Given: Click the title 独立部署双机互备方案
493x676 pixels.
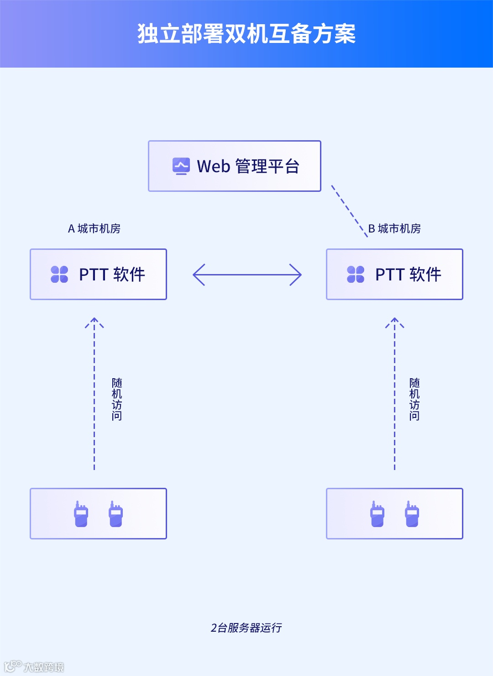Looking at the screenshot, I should coord(246,34).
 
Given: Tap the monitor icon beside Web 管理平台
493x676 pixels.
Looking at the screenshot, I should coord(181,166).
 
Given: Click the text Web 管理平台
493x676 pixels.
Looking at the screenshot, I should coord(248,166).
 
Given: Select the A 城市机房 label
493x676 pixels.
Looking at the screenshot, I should coord(94,228).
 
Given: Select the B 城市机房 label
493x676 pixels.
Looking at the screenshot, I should coord(394,228).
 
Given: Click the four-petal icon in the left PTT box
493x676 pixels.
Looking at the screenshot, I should coord(59,275).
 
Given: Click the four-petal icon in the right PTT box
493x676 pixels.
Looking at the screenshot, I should coord(356,275).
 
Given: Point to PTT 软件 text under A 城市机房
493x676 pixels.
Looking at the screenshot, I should coord(112,275).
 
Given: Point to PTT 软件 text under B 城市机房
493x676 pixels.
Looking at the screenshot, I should coord(408,275).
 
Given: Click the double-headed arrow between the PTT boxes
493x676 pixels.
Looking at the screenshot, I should coord(247,275).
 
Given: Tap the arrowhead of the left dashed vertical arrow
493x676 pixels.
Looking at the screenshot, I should coord(94,322).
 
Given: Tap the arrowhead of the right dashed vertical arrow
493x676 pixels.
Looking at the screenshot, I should coord(395,322).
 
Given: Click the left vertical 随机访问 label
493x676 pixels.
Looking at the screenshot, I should coord(117,399).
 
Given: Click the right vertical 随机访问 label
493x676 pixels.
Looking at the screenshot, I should coord(414,399).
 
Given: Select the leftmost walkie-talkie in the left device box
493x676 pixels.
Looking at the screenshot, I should coord(81,514).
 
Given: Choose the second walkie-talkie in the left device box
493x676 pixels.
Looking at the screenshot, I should coord(115,514).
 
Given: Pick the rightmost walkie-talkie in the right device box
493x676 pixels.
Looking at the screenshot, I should coord(412,514).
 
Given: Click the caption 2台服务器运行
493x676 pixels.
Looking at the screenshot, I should coord(246,628).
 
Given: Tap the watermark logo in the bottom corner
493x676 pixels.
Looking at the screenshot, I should coord(13,666).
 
